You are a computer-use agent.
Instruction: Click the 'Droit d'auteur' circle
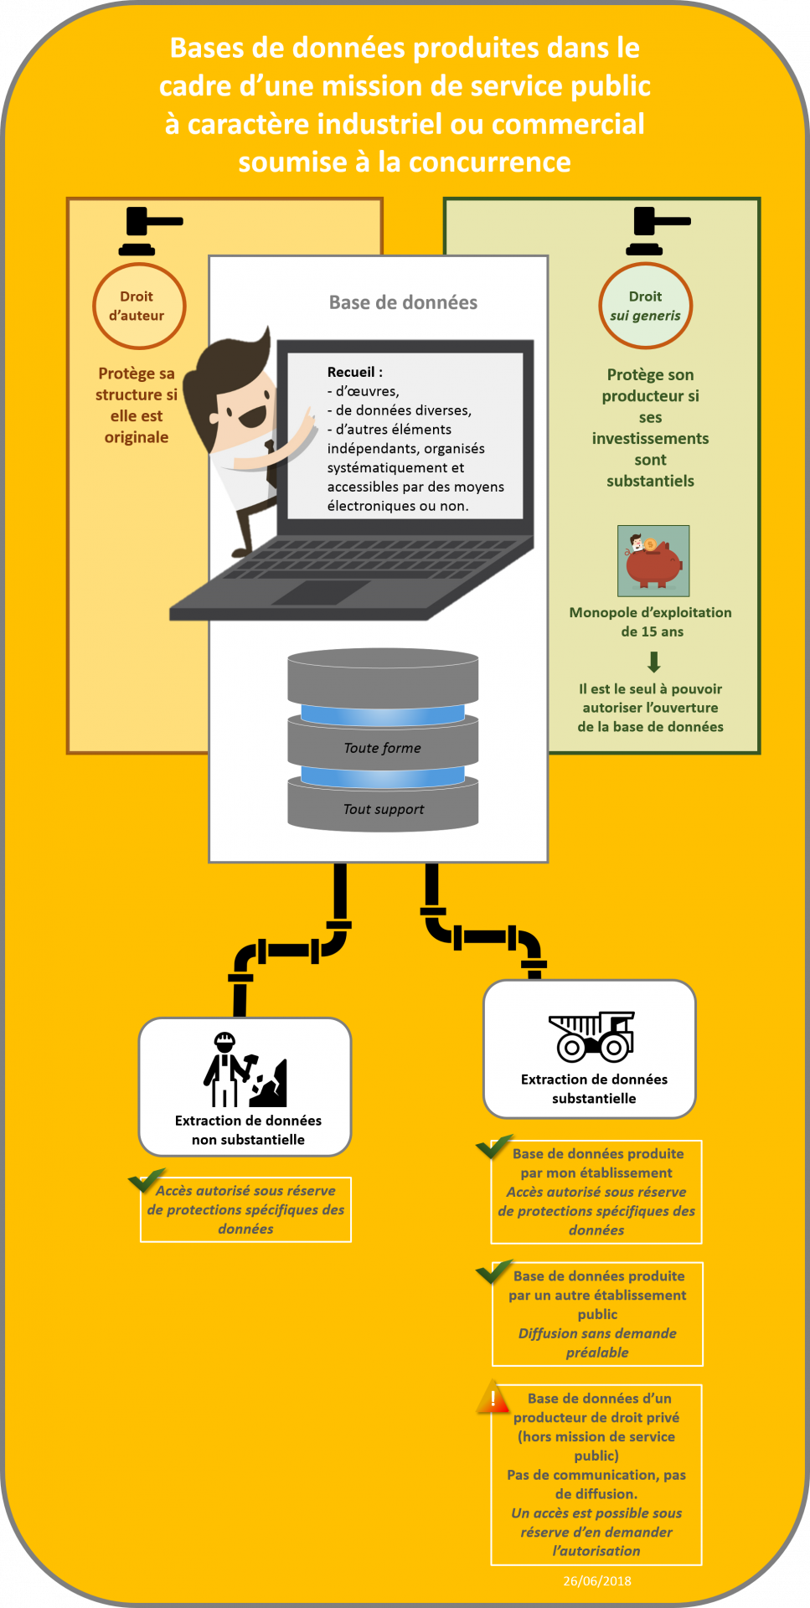click(138, 307)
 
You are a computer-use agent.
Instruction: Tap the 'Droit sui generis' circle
click(645, 307)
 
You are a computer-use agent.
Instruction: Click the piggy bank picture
click(653, 560)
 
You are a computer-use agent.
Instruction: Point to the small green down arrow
click(654, 662)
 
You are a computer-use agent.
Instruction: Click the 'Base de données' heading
click(403, 302)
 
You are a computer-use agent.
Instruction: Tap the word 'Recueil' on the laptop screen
click(351, 372)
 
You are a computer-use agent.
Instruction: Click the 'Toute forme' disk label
click(383, 748)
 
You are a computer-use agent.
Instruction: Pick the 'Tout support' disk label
click(384, 809)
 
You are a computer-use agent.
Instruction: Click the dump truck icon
click(593, 1037)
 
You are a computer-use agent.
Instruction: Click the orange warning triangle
click(493, 1397)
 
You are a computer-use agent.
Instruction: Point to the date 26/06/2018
click(597, 1581)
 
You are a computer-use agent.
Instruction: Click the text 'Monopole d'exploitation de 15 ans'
click(651, 621)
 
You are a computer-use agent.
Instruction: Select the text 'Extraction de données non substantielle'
click(248, 1130)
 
